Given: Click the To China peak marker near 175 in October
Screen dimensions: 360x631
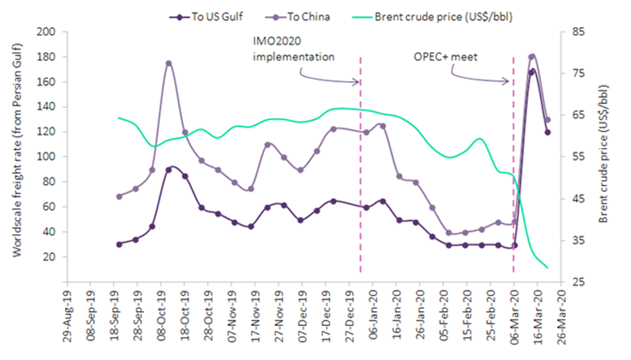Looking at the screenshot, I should [168, 63].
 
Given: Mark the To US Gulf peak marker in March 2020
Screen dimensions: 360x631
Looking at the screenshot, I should [532, 71].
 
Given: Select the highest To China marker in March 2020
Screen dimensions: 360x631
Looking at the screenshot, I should [532, 57].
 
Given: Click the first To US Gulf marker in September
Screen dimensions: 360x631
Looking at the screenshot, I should [119, 244].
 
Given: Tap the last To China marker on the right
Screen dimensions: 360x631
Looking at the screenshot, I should [547, 120].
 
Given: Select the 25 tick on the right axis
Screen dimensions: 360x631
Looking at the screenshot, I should [579, 282].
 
